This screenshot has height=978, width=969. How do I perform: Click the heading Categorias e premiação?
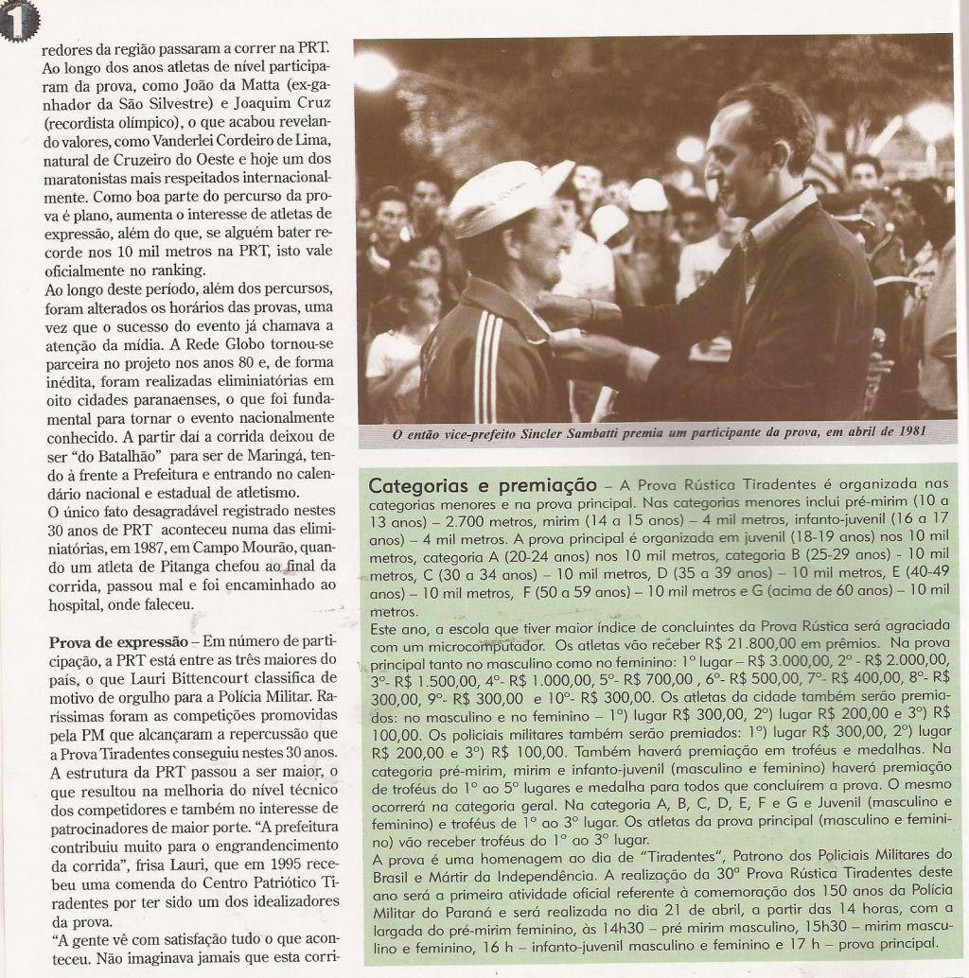pos(482,486)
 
